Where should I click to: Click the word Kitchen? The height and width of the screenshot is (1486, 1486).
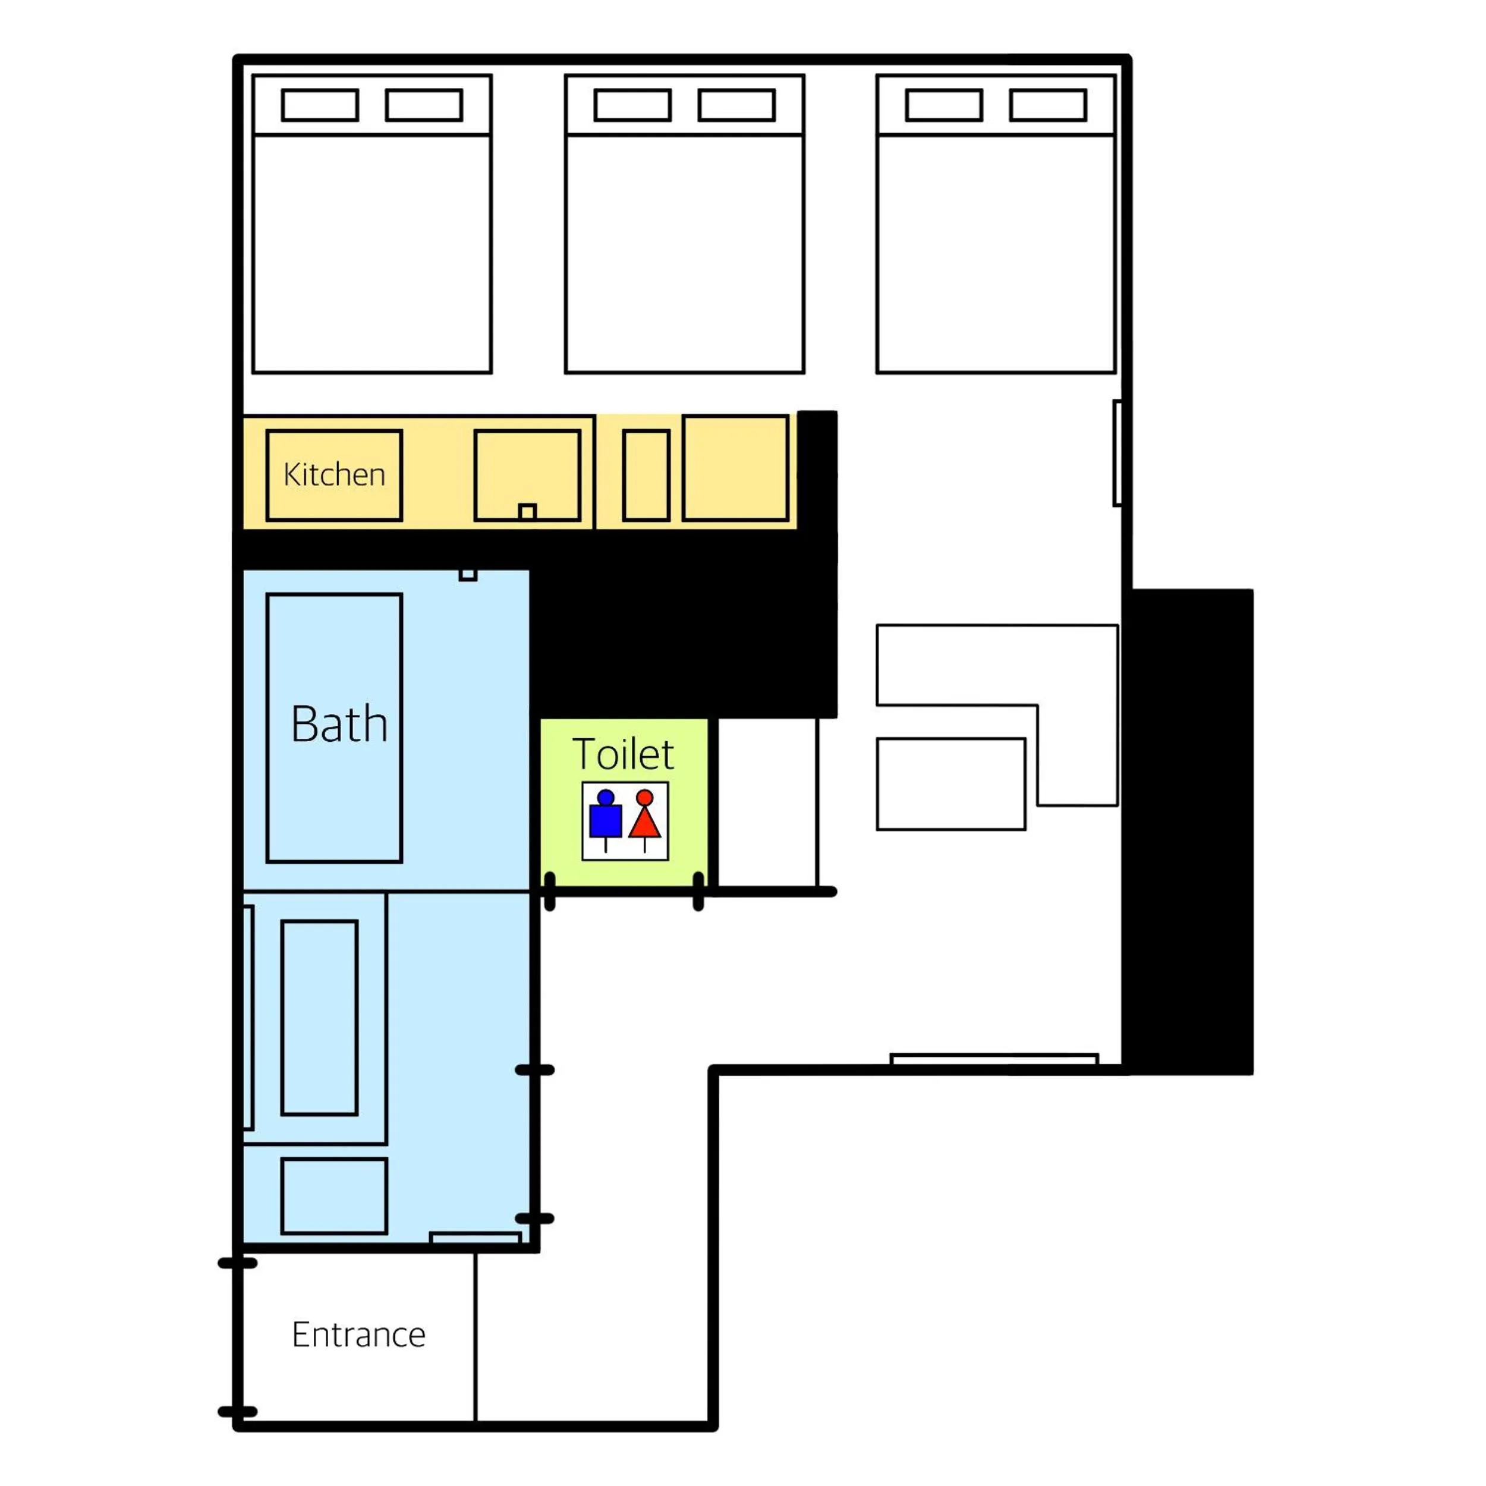(x=334, y=474)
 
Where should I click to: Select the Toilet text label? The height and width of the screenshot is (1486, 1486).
(x=623, y=754)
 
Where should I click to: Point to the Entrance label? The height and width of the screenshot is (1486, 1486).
(x=358, y=1334)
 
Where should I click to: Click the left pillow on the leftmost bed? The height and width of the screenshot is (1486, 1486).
(x=320, y=105)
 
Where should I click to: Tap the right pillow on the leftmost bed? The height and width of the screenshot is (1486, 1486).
(x=424, y=105)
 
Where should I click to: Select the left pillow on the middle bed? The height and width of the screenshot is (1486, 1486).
(x=632, y=105)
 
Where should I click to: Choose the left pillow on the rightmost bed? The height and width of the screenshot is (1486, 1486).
(x=944, y=105)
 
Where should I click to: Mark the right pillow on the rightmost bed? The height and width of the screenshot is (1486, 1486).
(x=1047, y=105)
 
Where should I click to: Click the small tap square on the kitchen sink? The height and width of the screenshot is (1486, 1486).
(x=527, y=512)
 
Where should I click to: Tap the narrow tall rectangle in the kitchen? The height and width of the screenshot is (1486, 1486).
(x=646, y=476)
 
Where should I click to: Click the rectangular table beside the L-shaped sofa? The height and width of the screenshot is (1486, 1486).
(x=950, y=784)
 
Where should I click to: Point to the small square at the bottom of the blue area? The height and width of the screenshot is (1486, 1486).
(x=334, y=1196)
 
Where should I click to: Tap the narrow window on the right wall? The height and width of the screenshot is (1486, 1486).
(x=1117, y=453)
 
